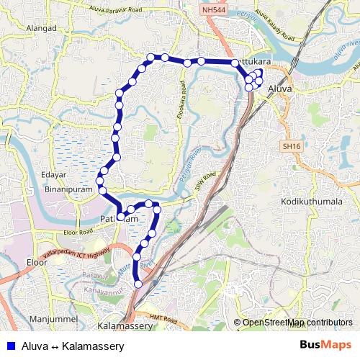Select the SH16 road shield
pos(290,146)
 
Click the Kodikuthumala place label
pos(312,202)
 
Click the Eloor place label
pos(36,262)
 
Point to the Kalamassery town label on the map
pos(125,326)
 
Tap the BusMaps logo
pos(326,345)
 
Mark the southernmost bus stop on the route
pos(138,284)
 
